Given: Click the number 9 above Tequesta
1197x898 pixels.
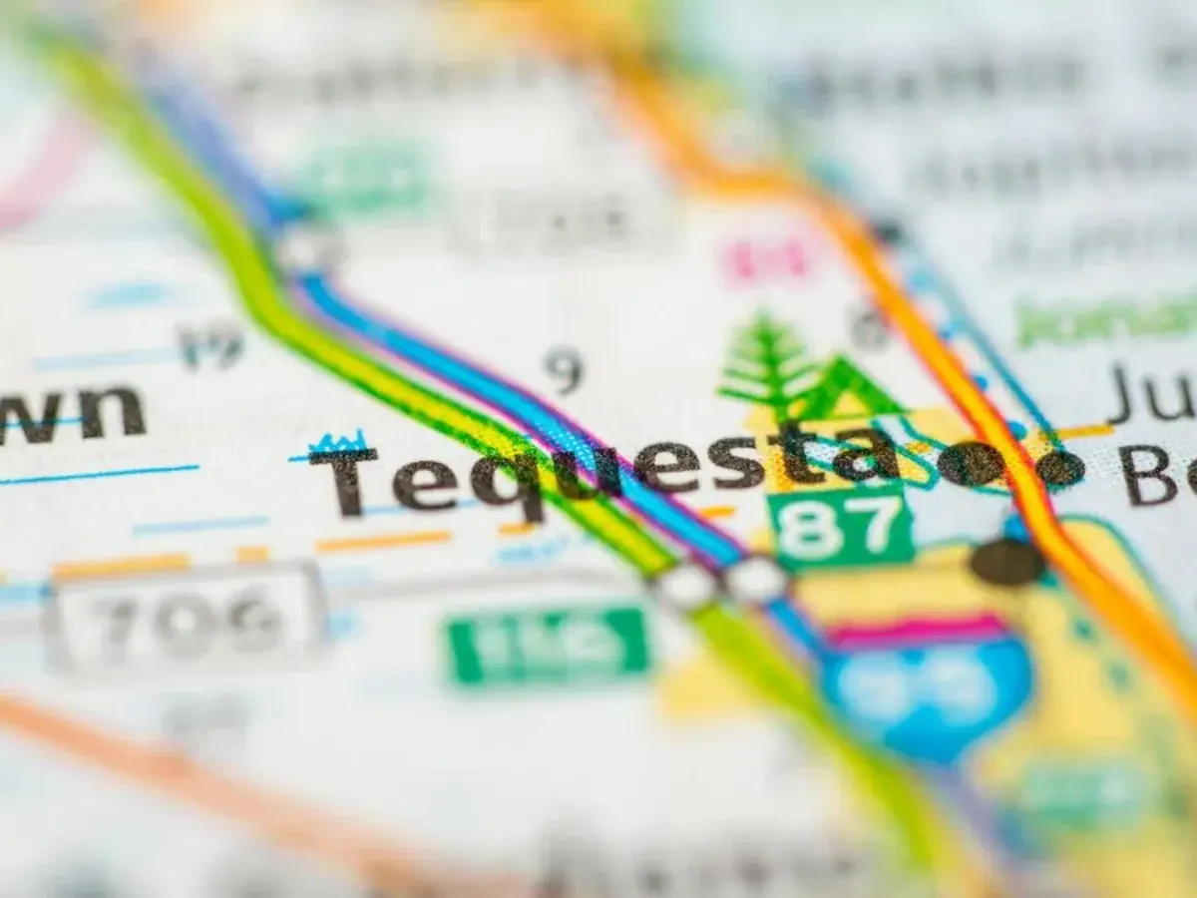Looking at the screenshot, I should pyautogui.click(x=565, y=370).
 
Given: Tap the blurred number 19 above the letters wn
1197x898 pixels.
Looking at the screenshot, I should pyautogui.click(x=211, y=345).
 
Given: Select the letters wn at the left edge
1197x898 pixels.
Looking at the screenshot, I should pyautogui.click(x=75, y=411).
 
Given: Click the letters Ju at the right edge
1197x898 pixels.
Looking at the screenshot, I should pyautogui.click(x=1152, y=394).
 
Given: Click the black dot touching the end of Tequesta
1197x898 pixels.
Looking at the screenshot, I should pyautogui.click(x=970, y=464).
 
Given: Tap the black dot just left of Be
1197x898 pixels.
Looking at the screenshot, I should pyautogui.click(x=1059, y=468).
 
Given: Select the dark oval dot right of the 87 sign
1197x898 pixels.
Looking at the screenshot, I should pyautogui.click(x=1007, y=563).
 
